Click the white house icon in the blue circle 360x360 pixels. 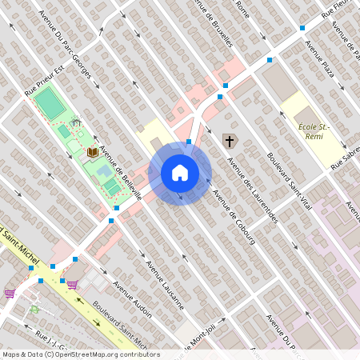[180, 172]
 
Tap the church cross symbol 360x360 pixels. [229, 142]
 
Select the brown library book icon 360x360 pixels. [93, 151]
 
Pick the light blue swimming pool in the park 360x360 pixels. [104, 170]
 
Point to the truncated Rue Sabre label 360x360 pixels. [346, 161]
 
